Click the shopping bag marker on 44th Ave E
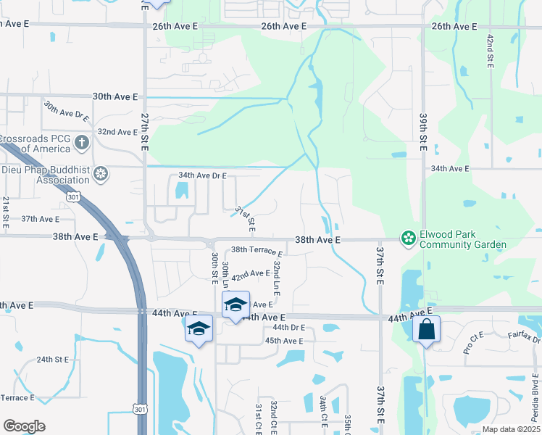[x=427, y=330]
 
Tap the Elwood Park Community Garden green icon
[x=409, y=238]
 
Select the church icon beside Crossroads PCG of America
[x=83, y=141]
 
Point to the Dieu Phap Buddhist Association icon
[x=101, y=173]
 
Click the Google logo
[x=24, y=426]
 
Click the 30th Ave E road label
[x=115, y=96]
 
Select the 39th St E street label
[x=422, y=131]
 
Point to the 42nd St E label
[x=491, y=51]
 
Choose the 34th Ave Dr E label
[x=202, y=176]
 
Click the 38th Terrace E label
[x=257, y=251]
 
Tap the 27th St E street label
[x=144, y=131]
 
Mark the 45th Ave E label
[x=284, y=341]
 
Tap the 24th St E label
[x=53, y=360]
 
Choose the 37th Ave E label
[x=40, y=219]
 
